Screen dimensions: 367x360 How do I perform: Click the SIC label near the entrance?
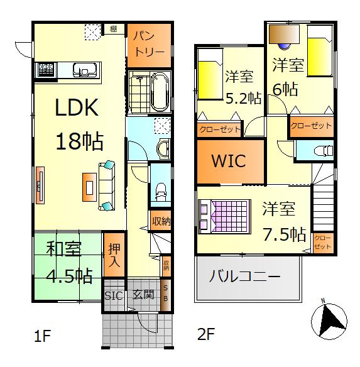tap(113, 295)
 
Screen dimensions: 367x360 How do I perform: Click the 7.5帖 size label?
tap(284, 234)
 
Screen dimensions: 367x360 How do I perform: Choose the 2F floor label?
tap(205, 335)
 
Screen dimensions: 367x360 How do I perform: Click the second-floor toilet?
tap(322, 150)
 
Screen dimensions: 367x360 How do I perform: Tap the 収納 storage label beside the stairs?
tap(161, 221)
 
